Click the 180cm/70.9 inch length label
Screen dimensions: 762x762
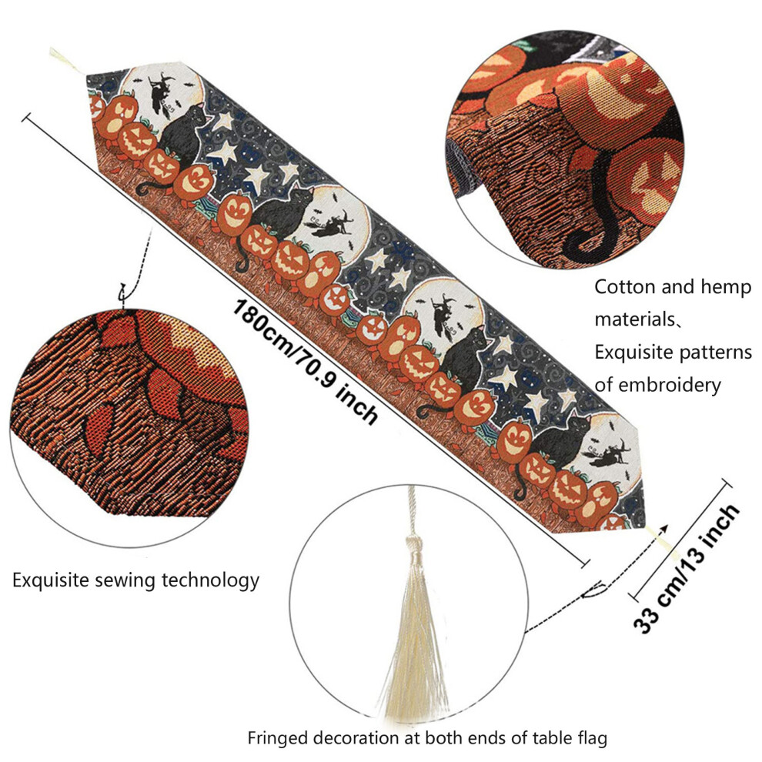click(305, 362)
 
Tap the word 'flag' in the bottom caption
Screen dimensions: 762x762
click(590, 737)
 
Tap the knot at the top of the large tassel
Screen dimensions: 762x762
click(413, 542)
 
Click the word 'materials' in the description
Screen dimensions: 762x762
click(634, 319)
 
